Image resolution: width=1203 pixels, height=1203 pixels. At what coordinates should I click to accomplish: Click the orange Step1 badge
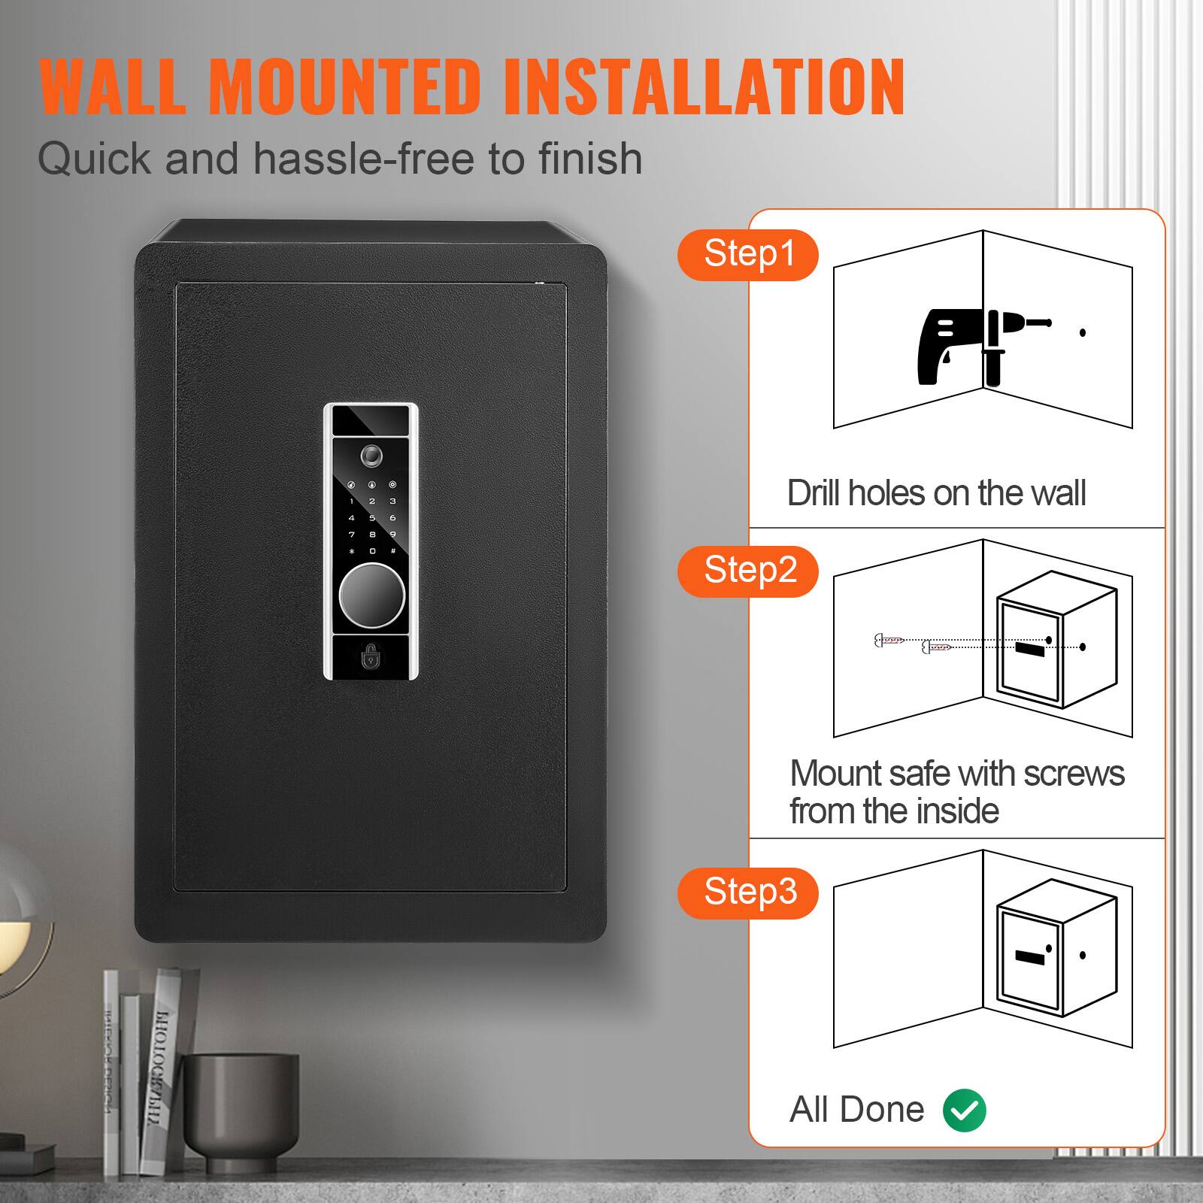click(x=748, y=255)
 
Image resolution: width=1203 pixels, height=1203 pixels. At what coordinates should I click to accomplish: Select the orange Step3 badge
click(x=748, y=892)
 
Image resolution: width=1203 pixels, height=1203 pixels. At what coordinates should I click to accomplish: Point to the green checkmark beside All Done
click(x=965, y=1110)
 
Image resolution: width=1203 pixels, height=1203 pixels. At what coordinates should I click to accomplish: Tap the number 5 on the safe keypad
click(x=372, y=518)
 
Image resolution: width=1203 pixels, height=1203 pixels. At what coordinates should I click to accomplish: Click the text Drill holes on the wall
click(x=936, y=494)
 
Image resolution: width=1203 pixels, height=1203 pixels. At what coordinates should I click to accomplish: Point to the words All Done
click(x=856, y=1110)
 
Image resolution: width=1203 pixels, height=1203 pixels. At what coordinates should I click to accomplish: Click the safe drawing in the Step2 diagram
click(x=1056, y=647)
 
